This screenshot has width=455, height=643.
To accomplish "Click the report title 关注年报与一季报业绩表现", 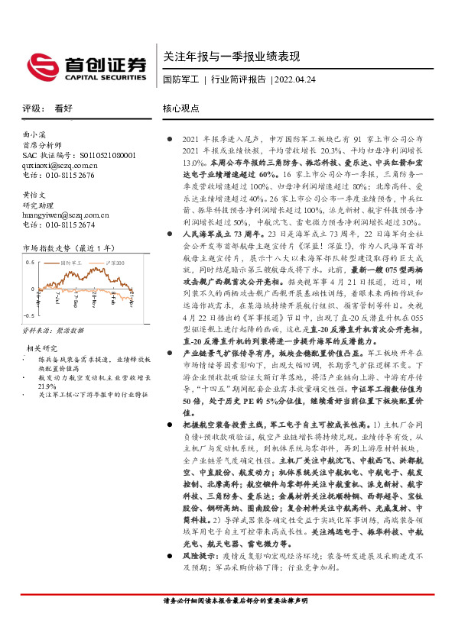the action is tap(231, 57).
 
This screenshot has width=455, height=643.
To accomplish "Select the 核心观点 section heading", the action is tap(181, 109).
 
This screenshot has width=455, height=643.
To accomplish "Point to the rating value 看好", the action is tap(63, 109).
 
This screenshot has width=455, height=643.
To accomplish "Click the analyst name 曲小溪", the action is tap(34, 134).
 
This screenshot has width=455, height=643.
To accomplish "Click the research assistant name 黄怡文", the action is tap(34, 195).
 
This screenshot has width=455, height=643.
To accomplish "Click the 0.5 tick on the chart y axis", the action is tap(31, 262).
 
